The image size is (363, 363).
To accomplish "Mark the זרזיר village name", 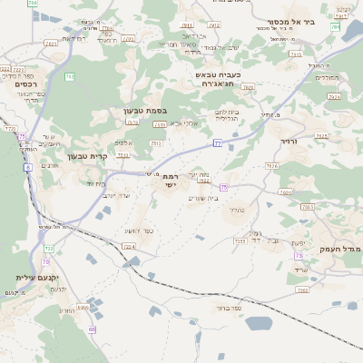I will coord(290,142).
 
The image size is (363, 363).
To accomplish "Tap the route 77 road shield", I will coord(217,142).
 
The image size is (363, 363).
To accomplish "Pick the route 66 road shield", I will coord(92,329).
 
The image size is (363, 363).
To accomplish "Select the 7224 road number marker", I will coord(128,246).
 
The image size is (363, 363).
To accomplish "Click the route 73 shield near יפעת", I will coord(298,257).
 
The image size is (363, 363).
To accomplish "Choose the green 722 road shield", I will coord(48,248).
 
